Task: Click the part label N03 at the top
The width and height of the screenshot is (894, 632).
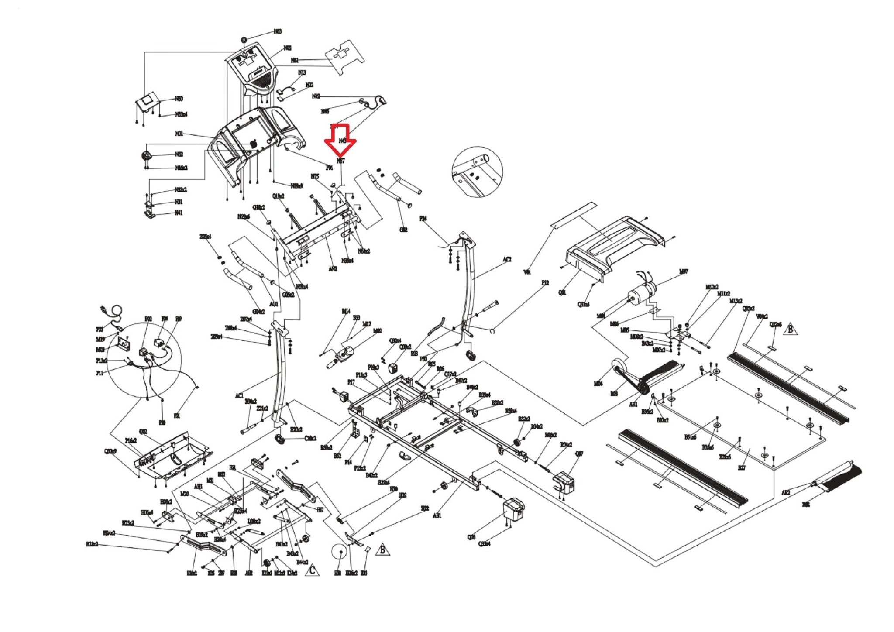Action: pyautogui.click(x=278, y=31)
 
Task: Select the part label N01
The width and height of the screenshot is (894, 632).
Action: pyautogui.click(x=179, y=134)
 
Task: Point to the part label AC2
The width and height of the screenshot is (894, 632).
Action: pyautogui.click(x=507, y=259)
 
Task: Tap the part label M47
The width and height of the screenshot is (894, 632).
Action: pyautogui.click(x=684, y=271)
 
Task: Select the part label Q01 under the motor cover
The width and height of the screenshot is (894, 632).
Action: pyautogui.click(x=562, y=292)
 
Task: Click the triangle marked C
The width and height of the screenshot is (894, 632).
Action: pyautogui.click(x=312, y=570)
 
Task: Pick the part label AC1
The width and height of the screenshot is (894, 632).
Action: pyautogui.click(x=239, y=395)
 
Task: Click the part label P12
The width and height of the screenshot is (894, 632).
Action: pyautogui.click(x=545, y=283)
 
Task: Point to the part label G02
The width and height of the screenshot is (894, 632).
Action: pyautogui.click(x=403, y=230)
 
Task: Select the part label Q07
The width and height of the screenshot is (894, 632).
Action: pyautogui.click(x=579, y=454)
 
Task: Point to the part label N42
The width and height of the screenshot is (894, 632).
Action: pyautogui.click(x=316, y=96)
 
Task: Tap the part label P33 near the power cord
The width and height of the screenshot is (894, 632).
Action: pyautogui.click(x=100, y=330)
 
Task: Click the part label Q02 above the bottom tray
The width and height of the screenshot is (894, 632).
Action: pyautogui.click(x=143, y=432)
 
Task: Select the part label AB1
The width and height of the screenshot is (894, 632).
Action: pyautogui.click(x=437, y=515)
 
